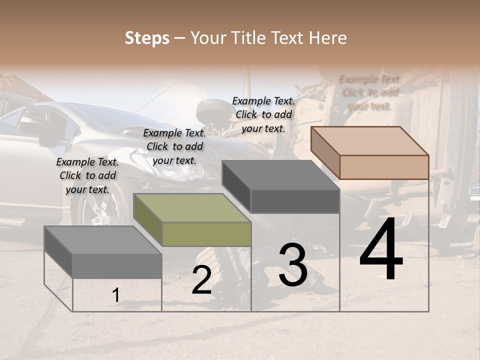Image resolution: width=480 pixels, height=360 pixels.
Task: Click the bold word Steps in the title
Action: point(147,38)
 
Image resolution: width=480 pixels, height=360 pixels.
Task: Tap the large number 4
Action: point(381,249)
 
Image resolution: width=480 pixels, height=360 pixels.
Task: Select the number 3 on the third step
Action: point(293,265)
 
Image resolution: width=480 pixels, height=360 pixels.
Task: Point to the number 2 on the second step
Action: point(201,280)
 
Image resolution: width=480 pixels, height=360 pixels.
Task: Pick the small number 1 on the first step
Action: point(115,295)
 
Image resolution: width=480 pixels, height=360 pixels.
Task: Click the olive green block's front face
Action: point(206,234)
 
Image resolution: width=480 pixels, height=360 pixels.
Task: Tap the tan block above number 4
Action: point(384,167)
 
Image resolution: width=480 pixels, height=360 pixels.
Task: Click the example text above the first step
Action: point(87,175)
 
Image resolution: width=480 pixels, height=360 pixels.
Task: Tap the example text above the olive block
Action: point(174,146)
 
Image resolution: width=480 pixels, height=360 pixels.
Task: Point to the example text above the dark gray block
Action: point(263,114)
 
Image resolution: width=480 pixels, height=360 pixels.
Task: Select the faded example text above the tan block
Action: point(369,92)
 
